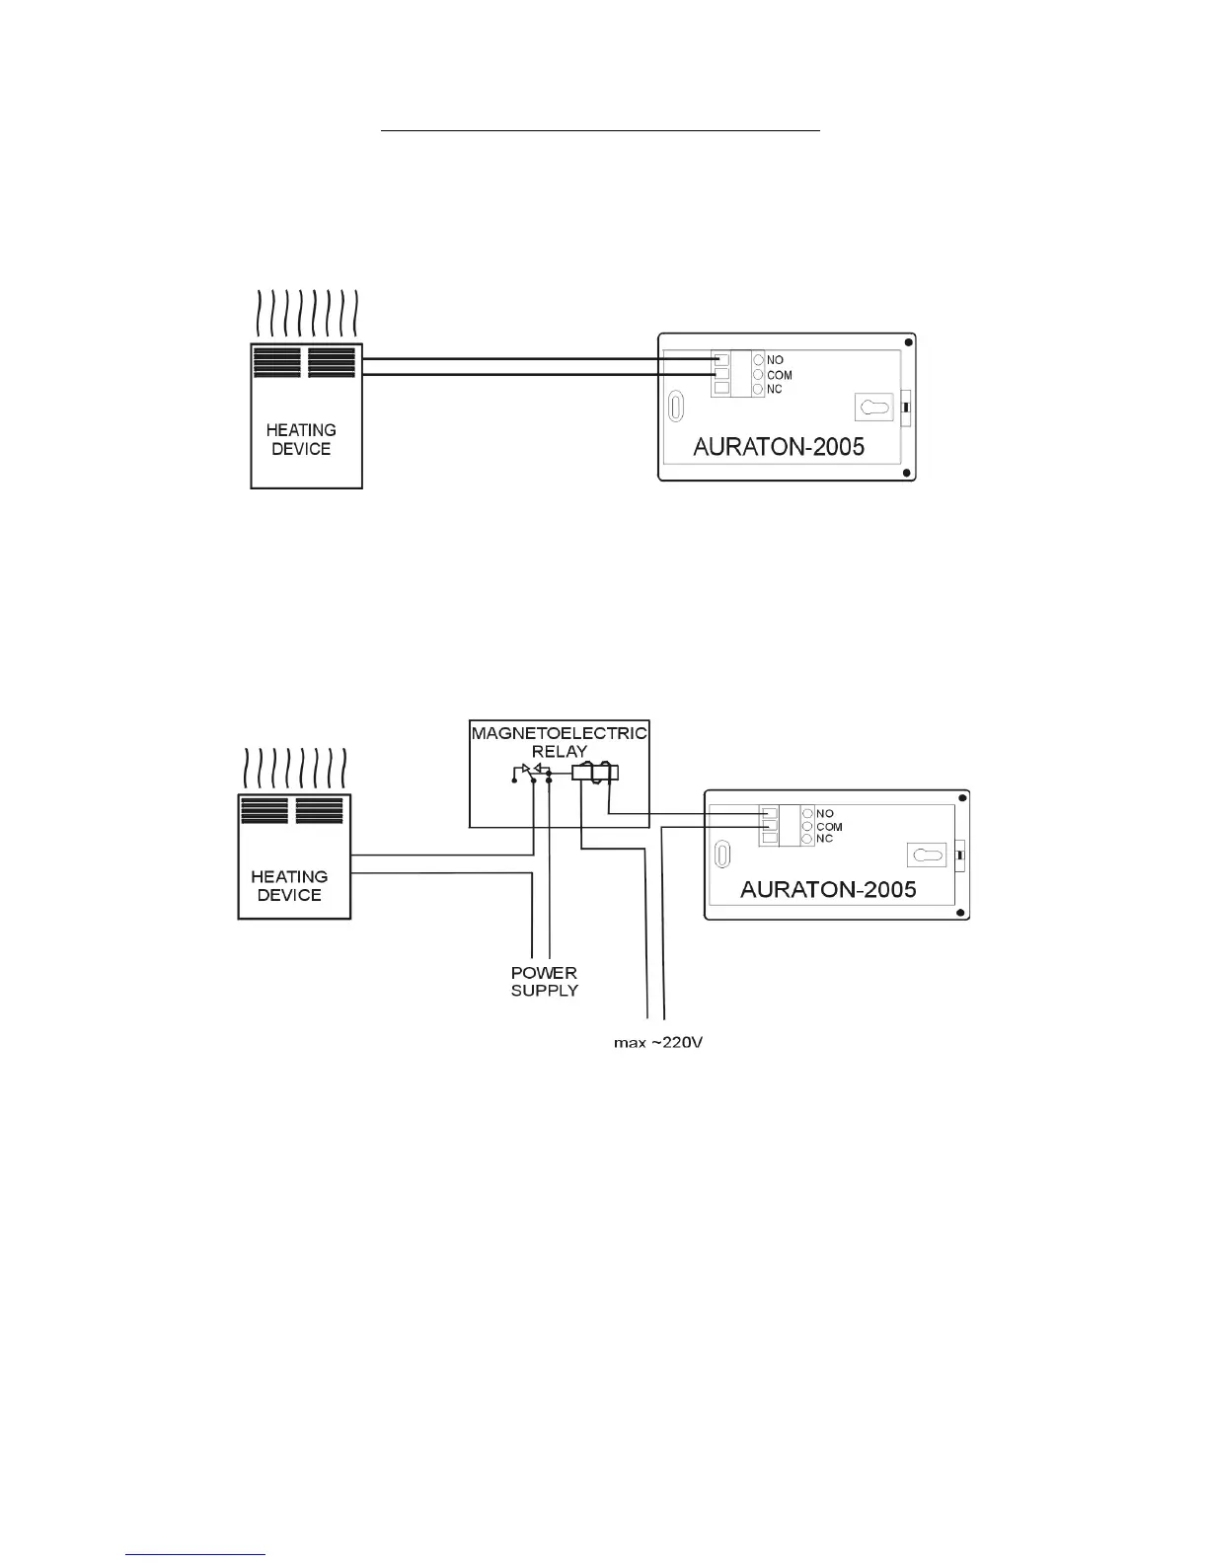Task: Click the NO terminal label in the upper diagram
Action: (775, 360)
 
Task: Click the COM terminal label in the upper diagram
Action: (779, 375)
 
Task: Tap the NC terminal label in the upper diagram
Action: (775, 390)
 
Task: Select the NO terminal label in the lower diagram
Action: (824, 814)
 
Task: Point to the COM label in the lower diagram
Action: (829, 827)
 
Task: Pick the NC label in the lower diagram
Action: (824, 839)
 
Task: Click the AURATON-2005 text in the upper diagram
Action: (779, 446)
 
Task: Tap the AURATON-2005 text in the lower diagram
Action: (828, 889)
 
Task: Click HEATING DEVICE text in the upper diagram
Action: (301, 439)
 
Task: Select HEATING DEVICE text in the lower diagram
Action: (289, 885)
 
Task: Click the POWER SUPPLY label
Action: (544, 981)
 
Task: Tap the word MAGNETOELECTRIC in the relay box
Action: (559, 734)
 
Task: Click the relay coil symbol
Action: (594, 774)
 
